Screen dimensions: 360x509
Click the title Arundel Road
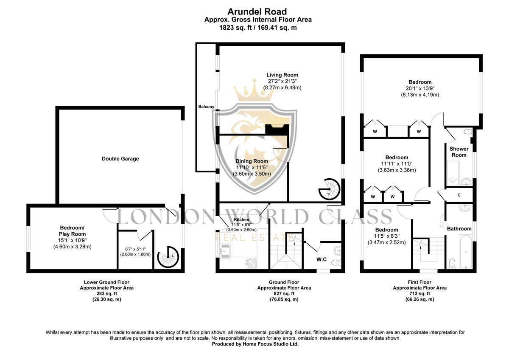(x=257, y=12)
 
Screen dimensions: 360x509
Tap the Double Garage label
(x=120, y=159)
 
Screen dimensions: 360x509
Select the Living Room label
(x=282, y=75)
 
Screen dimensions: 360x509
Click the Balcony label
(x=206, y=107)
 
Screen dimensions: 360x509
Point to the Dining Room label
(x=252, y=161)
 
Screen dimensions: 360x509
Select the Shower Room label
(x=459, y=152)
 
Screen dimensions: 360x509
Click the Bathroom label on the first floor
(x=459, y=228)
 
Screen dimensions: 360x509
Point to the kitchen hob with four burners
(x=251, y=263)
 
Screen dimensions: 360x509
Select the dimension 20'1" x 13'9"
(x=420, y=88)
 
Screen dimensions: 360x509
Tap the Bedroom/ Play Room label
(x=73, y=231)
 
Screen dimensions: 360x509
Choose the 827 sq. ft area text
(x=284, y=293)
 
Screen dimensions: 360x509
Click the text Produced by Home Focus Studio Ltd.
(x=255, y=344)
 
